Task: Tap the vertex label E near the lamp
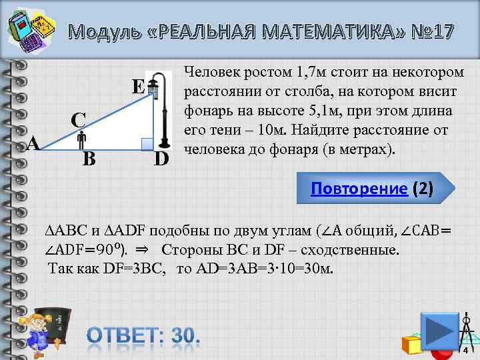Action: coord(138,87)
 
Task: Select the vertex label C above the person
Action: coord(78,120)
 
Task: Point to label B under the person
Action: coord(89,159)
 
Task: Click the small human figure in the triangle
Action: coord(81,140)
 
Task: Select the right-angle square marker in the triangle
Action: coord(147,143)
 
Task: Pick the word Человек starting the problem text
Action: coord(209,71)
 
